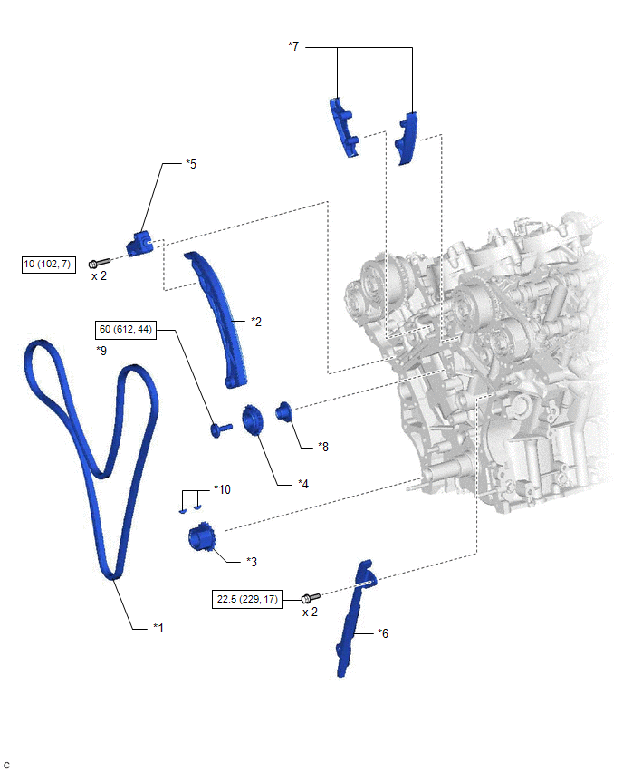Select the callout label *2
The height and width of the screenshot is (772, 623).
256,321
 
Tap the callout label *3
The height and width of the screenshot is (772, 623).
253,562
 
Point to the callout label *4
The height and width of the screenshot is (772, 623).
304,484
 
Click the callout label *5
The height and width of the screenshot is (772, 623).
190,164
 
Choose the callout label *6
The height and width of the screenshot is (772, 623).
383,634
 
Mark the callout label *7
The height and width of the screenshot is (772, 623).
292,45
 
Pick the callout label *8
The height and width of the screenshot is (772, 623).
323,447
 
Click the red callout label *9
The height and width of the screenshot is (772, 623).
101,350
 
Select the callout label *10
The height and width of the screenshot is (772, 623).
222,489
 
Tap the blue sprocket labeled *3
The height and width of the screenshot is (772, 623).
201,539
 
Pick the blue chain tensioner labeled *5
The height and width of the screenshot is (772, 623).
140,243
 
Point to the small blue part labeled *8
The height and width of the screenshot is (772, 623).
283,412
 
